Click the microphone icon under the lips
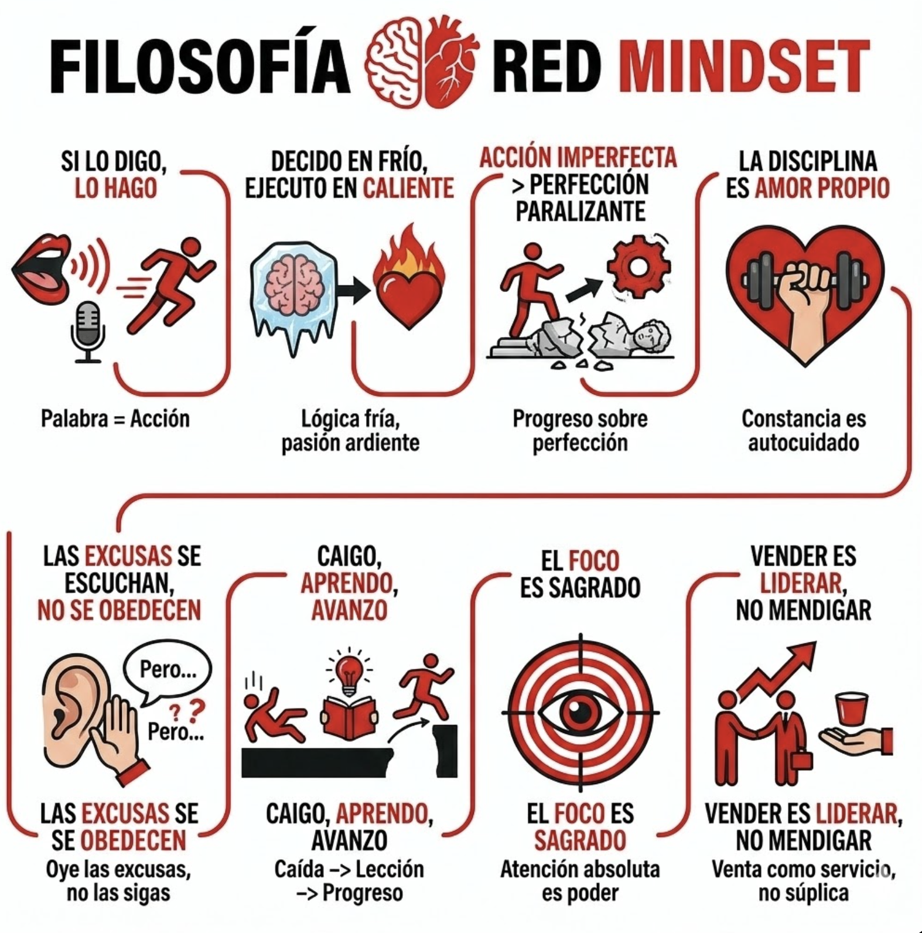tap(88, 332)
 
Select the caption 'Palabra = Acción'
tap(115, 419)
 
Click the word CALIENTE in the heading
tap(408, 188)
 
